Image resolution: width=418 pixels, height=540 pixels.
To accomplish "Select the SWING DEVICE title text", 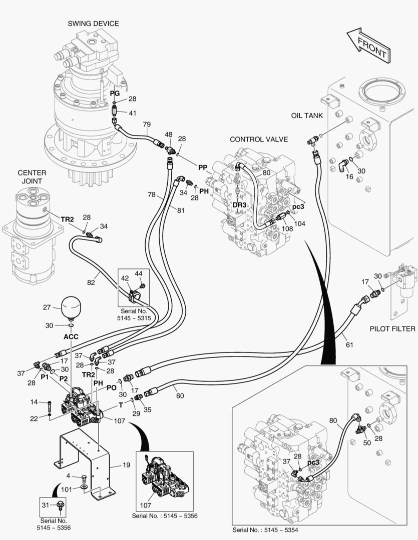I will point(94,23).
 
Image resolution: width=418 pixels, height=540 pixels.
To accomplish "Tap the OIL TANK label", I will point(307,115).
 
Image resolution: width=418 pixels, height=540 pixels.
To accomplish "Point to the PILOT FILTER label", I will point(392,328).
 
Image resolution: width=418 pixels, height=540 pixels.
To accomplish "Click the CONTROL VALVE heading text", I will point(259,139).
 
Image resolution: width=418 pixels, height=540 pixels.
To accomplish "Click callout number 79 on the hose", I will point(147,124).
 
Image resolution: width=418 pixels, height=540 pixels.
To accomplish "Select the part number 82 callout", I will point(91,282).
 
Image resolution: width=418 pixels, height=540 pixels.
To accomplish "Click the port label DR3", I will point(239,205).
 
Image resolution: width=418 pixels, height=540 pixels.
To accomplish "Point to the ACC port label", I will point(71,336).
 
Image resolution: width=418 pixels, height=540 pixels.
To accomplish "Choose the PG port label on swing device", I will point(115,93).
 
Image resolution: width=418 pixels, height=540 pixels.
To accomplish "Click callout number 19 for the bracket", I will point(126,465).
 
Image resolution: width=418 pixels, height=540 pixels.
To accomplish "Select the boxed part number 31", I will point(46,505).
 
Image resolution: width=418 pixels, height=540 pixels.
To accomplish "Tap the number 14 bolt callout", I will point(34,401).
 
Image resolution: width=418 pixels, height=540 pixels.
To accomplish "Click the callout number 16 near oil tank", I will point(349,176).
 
